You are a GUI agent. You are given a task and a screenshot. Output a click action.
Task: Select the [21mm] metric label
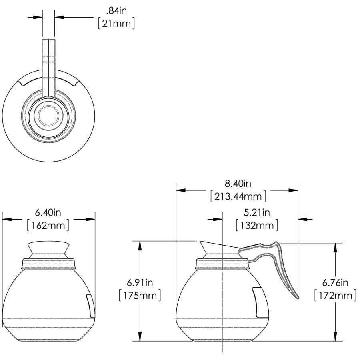coord(116,23)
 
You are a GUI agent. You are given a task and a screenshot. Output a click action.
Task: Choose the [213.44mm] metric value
coord(238,196)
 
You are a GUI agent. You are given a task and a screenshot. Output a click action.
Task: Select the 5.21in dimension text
coord(257,212)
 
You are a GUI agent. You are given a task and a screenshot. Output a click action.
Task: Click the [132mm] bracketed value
coord(257,225)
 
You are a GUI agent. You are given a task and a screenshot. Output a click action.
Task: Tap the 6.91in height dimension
coord(140,283)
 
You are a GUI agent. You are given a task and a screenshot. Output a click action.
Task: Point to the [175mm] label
coord(140,296)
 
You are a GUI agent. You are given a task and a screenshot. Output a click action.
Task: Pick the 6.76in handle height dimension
coord(335,283)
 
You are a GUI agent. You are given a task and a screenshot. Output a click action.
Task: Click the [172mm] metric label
coord(335,296)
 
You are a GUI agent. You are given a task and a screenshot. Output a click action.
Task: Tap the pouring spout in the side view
coord(204,246)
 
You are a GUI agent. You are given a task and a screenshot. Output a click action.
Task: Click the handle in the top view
coord(48,64)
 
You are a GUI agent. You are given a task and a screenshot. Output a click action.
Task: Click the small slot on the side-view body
coord(256,300)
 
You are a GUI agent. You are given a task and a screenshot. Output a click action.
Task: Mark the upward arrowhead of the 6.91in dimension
coord(140,245)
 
